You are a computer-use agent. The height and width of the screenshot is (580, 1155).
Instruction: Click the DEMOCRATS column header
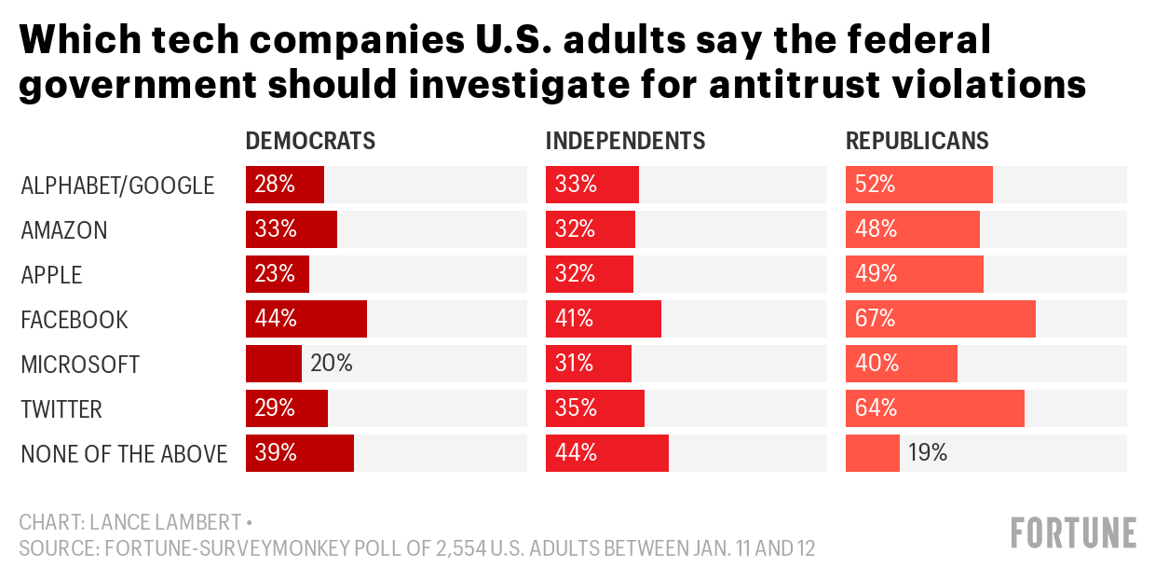click(310, 141)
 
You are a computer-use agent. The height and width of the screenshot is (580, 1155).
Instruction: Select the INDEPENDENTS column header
click(625, 141)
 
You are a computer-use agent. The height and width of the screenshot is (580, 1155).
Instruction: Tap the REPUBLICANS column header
click(917, 141)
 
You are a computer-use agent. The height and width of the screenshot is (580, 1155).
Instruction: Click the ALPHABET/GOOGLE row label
click(117, 186)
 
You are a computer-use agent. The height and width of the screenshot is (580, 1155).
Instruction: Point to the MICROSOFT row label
click(80, 365)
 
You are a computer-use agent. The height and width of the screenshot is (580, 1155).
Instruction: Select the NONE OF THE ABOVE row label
click(124, 454)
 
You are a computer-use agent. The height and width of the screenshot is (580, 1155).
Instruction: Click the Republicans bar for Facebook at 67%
click(940, 319)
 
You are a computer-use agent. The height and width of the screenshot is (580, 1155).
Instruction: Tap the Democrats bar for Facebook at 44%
click(306, 319)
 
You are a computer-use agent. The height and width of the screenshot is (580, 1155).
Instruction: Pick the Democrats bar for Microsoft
click(273, 364)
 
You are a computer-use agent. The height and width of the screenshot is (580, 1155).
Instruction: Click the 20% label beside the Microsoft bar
click(332, 364)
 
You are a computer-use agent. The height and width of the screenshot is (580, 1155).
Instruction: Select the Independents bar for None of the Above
click(606, 453)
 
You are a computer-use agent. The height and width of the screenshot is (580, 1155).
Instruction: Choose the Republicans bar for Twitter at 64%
click(934, 408)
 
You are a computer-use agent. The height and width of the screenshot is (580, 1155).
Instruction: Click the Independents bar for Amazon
click(590, 229)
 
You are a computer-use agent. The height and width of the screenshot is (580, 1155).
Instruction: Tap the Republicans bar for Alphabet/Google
click(918, 185)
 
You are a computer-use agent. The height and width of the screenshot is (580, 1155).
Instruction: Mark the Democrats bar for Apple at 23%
click(277, 274)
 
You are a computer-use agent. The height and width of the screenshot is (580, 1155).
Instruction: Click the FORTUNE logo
click(1073, 532)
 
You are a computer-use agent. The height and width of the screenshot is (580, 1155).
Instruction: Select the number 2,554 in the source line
click(442, 548)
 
